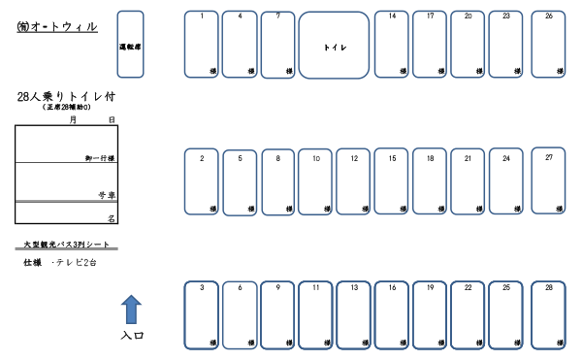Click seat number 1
201,45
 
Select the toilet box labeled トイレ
335,46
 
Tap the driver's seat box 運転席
130,45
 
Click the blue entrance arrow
131,311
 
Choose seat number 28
548,315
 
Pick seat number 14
392,45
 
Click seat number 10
315,182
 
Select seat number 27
548,180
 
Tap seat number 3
201,315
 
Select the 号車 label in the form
107,195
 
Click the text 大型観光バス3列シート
66,245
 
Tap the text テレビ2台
77,263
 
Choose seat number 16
392,315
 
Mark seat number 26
548,45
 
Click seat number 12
354,182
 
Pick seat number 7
277,45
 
